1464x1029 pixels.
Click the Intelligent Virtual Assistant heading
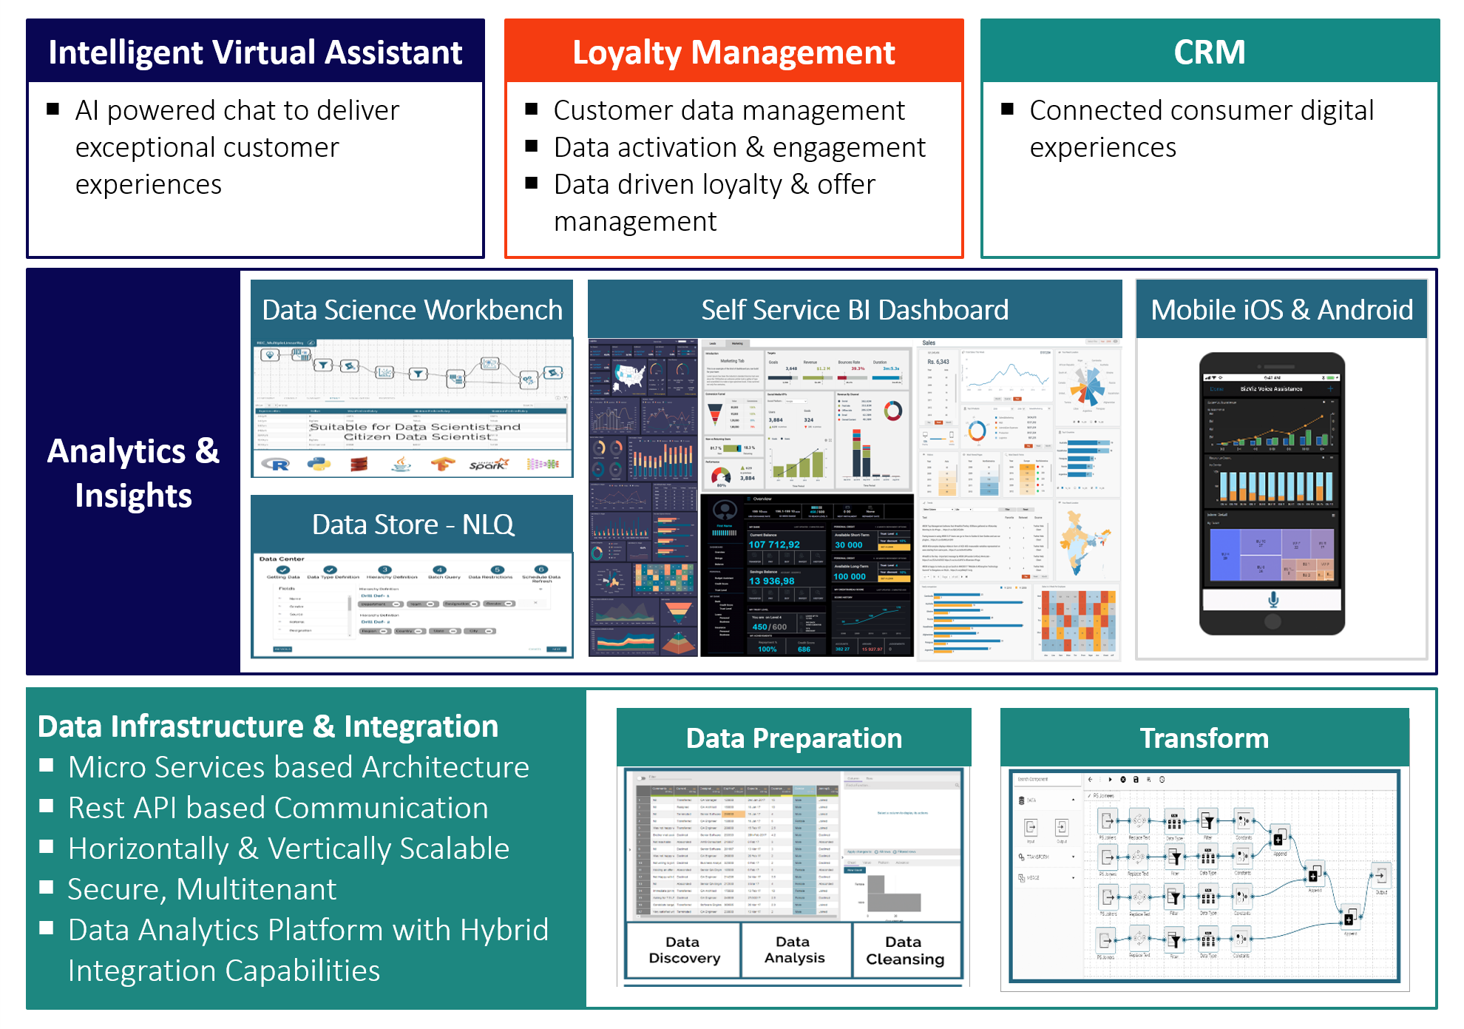[255, 53]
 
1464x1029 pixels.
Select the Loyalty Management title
[733, 53]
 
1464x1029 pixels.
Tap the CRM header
[1210, 53]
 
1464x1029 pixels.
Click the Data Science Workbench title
[412, 310]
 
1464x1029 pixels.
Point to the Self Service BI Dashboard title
[855, 310]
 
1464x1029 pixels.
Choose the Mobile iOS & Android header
[1281, 310]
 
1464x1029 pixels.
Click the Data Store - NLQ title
[412, 524]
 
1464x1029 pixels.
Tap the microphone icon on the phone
[1273, 599]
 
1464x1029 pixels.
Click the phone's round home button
[1272, 621]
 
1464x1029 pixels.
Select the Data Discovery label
[683, 950]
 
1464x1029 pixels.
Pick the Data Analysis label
[794, 950]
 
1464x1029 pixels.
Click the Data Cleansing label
[904, 950]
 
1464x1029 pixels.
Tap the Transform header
[1204, 738]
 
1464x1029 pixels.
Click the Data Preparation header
[793, 738]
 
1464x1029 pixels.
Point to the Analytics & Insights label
[133, 473]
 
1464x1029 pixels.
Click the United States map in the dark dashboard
[628, 377]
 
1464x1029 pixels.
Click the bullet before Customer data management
[531, 109]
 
